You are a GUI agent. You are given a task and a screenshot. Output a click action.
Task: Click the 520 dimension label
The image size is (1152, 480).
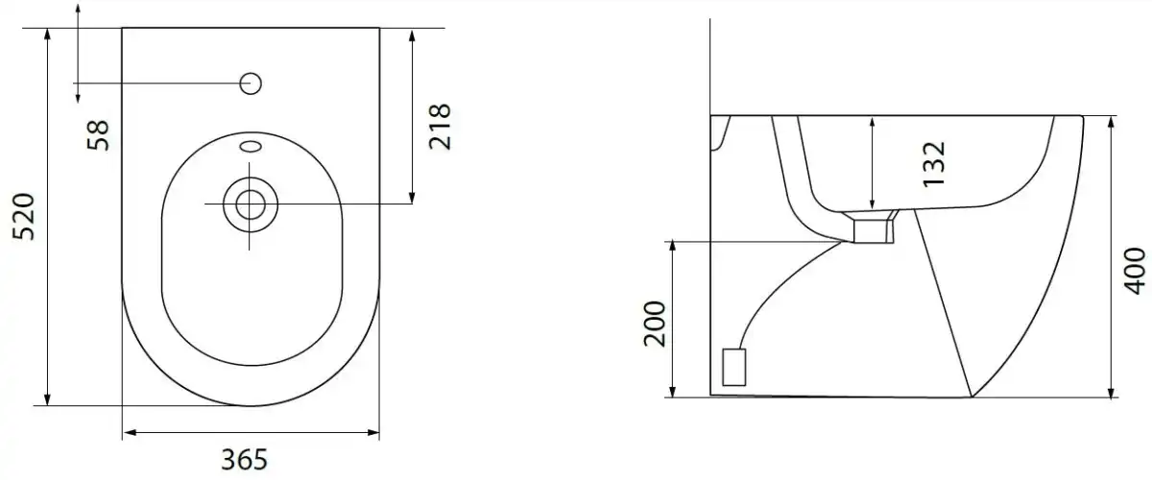24,217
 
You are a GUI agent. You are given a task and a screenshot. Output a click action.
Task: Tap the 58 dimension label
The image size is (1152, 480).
98,135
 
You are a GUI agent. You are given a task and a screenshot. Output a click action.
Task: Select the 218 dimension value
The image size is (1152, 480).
440,127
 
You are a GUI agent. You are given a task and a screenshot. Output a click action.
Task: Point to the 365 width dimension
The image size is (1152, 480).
244,460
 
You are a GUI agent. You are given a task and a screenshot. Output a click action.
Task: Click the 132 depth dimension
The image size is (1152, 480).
934,164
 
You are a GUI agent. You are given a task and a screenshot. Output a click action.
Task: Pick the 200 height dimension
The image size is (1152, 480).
655,324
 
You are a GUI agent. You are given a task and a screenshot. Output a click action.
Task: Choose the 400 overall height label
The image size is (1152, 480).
1134,271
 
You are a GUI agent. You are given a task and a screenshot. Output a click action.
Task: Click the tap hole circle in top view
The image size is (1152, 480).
251,84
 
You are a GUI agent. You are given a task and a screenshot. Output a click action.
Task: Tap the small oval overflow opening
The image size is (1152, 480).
251,147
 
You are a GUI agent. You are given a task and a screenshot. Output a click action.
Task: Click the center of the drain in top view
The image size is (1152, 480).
250,204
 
